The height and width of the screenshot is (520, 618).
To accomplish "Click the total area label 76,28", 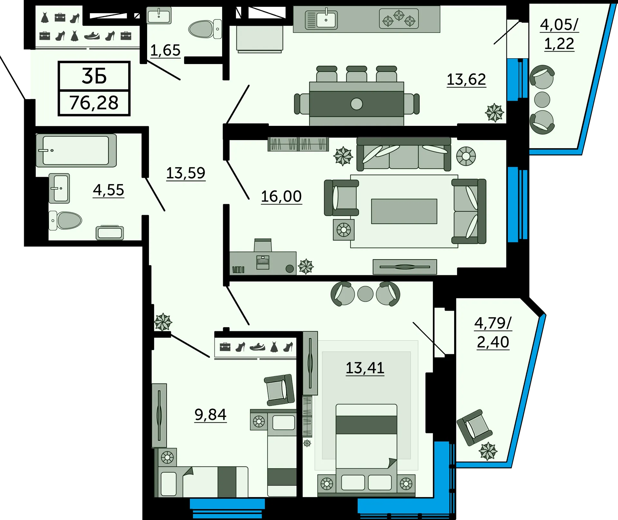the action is click(x=94, y=103).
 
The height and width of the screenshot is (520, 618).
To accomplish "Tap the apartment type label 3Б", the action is click(x=94, y=76).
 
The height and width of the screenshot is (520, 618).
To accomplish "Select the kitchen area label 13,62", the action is click(x=466, y=79).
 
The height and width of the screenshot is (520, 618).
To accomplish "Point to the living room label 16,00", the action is click(x=281, y=196).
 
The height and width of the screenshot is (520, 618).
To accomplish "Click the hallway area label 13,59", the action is click(x=186, y=173).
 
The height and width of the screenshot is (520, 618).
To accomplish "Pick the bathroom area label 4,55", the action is click(x=108, y=190).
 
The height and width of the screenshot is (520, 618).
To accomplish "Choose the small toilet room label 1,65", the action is click(x=165, y=51).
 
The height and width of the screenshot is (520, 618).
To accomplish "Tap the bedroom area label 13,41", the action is click(x=365, y=368).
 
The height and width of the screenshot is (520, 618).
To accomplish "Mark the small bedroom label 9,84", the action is click(x=211, y=414).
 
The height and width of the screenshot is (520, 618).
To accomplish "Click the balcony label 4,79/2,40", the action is click(x=493, y=333).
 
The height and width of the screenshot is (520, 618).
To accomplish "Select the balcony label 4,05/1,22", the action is click(x=559, y=34).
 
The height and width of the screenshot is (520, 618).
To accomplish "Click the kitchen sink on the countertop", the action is click(x=321, y=20).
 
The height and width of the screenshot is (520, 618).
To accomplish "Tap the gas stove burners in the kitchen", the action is click(x=399, y=19).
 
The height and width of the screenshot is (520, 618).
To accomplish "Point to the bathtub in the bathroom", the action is click(x=76, y=150).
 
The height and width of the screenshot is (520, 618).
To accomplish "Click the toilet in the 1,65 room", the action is click(x=205, y=29).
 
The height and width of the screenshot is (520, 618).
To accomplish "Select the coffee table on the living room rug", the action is click(x=404, y=211).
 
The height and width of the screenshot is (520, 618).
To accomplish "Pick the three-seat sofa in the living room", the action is click(x=404, y=154).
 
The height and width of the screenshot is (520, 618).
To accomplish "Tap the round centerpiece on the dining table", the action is click(x=357, y=104).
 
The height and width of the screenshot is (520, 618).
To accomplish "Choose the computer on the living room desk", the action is click(x=263, y=262).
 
